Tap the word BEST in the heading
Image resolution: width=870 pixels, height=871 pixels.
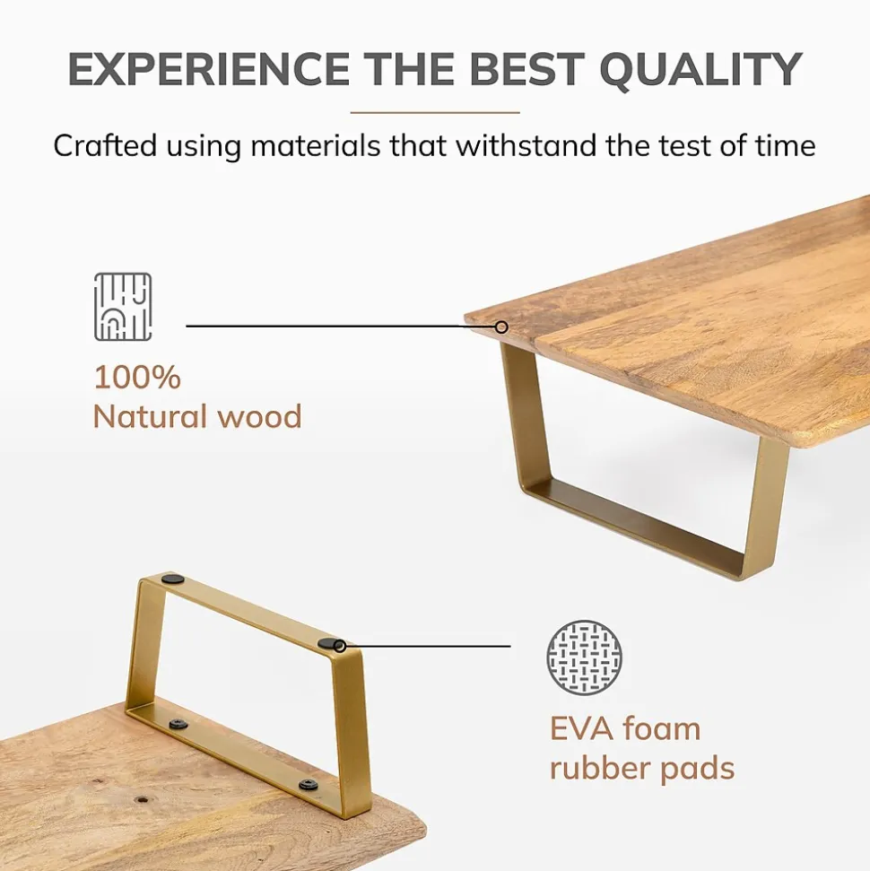[x=518, y=70]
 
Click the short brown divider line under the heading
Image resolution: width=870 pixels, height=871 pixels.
[x=435, y=113]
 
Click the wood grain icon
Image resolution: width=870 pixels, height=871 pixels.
[x=123, y=307]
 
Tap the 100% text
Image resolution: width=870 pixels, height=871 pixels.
[x=137, y=378]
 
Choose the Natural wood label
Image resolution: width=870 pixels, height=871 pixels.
[x=197, y=417]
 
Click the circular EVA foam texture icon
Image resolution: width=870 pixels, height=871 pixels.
[x=584, y=657]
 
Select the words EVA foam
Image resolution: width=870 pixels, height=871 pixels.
[x=624, y=728]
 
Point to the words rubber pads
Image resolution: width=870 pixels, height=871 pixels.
[x=642, y=768]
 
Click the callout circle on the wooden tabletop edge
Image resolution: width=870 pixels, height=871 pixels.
[x=501, y=327]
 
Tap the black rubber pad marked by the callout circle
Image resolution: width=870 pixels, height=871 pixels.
[x=337, y=645]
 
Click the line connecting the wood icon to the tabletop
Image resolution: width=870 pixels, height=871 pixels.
[x=341, y=327]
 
